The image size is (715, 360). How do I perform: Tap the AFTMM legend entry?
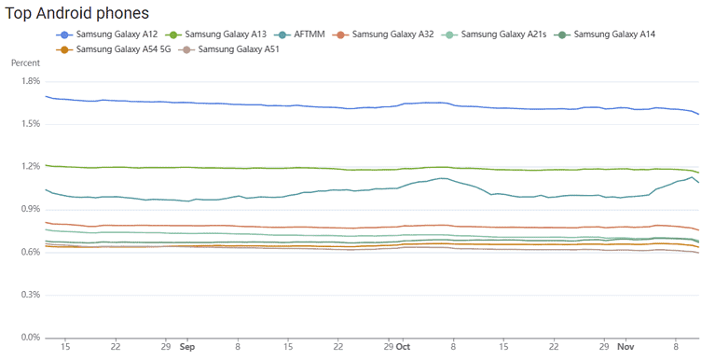pyautogui.click(x=327, y=35)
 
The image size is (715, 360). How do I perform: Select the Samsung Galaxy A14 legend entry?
pyautogui.click(x=614, y=35)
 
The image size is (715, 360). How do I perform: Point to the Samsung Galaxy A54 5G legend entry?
pyautogui.click(x=111, y=48)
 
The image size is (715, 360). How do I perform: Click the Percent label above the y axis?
pyautogui.click(x=25, y=63)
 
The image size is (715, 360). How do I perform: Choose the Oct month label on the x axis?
pyautogui.click(x=403, y=346)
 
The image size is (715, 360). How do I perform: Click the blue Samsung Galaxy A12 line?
pyautogui.click(x=280, y=104)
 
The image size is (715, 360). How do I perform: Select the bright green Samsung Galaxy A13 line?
pyautogui.click(x=280, y=168)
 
